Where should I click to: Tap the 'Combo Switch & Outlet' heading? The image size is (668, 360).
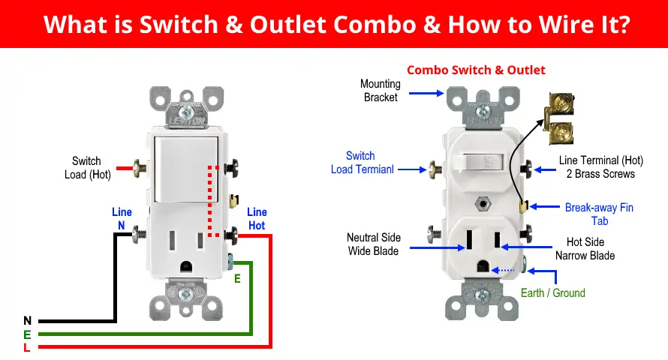(x=476, y=70)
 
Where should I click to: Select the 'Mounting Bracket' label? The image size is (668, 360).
(x=381, y=91)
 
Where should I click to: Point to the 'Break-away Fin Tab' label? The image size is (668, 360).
(x=599, y=214)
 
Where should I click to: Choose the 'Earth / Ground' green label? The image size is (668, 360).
(x=552, y=292)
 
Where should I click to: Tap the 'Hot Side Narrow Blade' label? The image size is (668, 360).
(x=585, y=249)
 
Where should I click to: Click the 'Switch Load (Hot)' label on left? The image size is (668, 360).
(x=86, y=168)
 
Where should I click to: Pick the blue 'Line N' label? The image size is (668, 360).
(x=122, y=219)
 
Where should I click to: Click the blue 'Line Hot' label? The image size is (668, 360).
(x=257, y=219)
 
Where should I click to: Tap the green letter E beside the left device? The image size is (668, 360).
(x=237, y=277)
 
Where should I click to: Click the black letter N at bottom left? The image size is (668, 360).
(x=27, y=320)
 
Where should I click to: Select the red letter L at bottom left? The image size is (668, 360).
(x=27, y=347)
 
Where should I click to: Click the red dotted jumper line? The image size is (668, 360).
(x=211, y=201)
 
